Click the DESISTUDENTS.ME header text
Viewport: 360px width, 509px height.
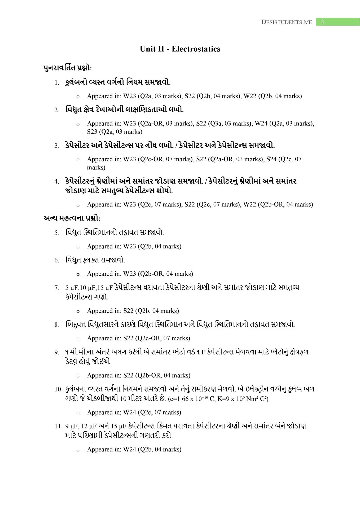point(287,22)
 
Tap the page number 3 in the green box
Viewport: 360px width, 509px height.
point(322,22)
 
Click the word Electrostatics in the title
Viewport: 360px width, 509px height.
point(196,49)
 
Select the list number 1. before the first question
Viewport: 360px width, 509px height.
point(57,83)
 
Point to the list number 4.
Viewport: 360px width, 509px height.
point(57,182)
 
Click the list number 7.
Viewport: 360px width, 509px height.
point(57,288)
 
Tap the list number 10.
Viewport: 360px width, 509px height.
point(58,389)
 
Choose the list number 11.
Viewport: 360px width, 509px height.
point(58,426)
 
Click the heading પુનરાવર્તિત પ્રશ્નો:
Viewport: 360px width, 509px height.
point(68,68)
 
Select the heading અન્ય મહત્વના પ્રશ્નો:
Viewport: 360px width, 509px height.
point(72,218)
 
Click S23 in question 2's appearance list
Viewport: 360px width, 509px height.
point(92,132)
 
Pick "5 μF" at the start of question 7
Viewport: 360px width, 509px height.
point(71,288)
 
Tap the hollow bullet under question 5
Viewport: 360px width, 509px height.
point(78,247)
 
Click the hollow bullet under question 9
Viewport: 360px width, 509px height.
point(78,376)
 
